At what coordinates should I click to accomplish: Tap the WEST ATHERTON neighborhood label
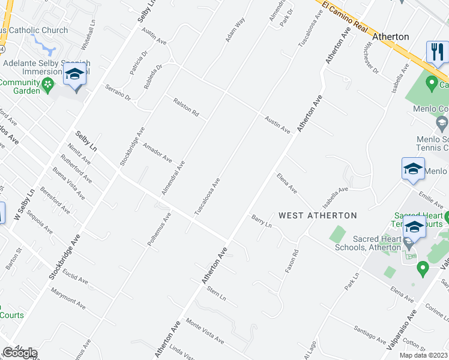point(318,215)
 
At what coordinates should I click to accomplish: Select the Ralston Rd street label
point(185,107)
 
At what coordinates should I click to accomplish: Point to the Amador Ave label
point(158,152)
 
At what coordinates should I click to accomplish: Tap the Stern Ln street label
point(215,294)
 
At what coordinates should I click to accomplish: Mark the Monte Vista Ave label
point(205,330)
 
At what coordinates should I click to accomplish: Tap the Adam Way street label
point(235,30)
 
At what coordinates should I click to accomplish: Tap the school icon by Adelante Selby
point(75,75)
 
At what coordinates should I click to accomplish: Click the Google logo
point(20,353)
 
